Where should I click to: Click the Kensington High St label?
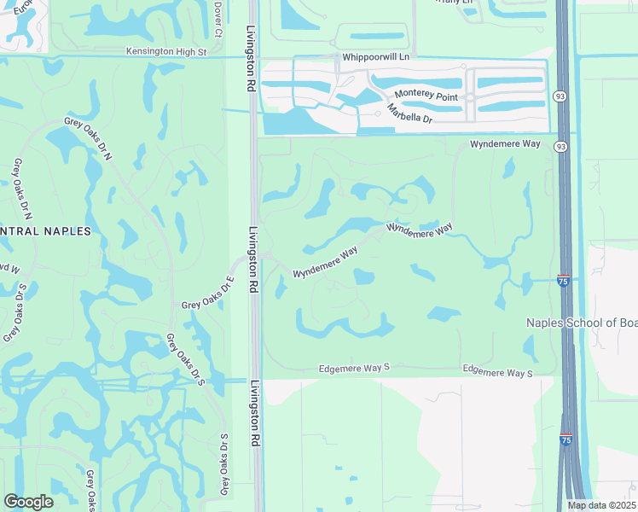(x=167, y=52)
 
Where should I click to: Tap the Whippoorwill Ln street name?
(x=375, y=57)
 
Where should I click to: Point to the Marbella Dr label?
(x=409, y=114)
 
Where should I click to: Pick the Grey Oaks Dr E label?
(x=207, y=295)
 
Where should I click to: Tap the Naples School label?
(x=581, y=323)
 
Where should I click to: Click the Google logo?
(x=28, y=501)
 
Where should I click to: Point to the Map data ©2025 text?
(x=602, y=505)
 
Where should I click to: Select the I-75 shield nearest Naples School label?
(x=564, y=280)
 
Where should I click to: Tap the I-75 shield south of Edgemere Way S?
(x=565, y=439)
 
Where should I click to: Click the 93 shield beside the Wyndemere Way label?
(x=560, y=146)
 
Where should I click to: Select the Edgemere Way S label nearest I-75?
(x=497, y=373)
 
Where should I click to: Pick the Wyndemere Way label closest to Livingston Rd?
(x=325, y=263)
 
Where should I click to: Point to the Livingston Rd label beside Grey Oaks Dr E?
(x=253, y=261)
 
